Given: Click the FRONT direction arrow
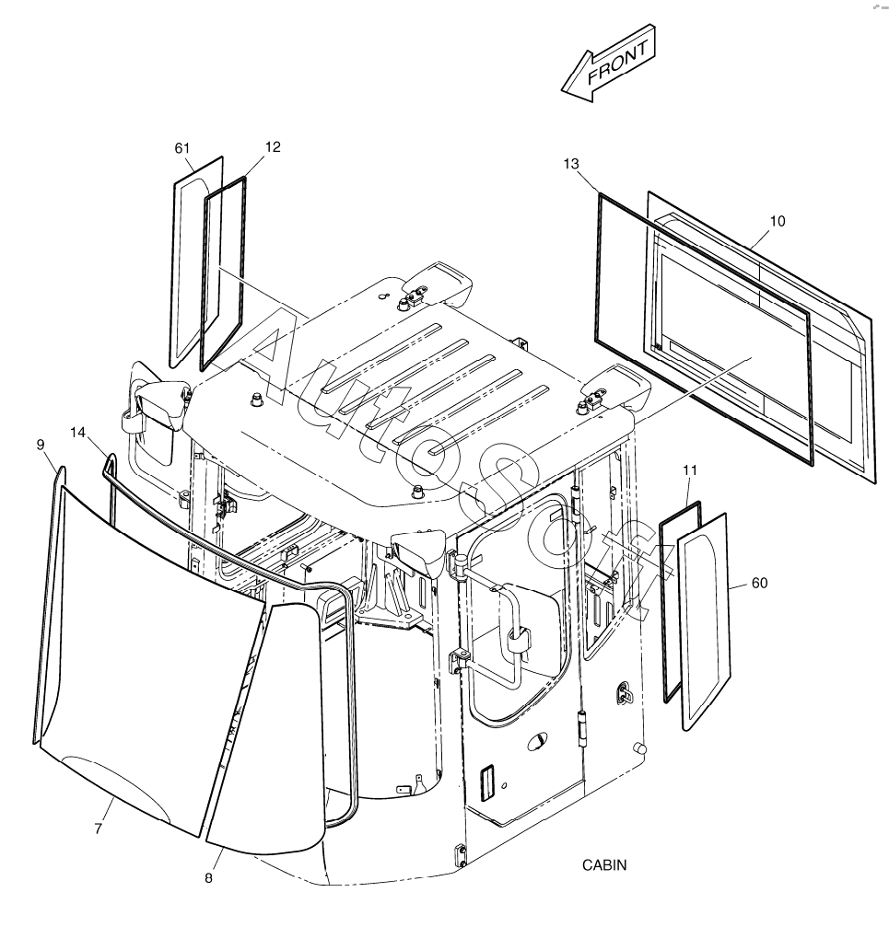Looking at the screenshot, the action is tap(608, 64).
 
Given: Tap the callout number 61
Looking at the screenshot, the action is tap(182, 148).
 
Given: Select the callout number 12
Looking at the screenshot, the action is tap(273, 146).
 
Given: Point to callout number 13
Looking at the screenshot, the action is tap(571, 164).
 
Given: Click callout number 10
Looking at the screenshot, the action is tap(778, 221).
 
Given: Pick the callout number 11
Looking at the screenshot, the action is tap(690, 470).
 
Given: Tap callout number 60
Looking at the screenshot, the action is tap(759, 583).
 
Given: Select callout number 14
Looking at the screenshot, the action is tap(77, 433).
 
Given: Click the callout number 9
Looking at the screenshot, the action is tap(41, 445).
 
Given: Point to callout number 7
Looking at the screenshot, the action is tap(99, 829).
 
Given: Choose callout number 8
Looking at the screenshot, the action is tap(208, 878).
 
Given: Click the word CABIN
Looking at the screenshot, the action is tap(604, 865).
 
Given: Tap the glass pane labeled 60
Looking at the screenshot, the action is tap(704, 620).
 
